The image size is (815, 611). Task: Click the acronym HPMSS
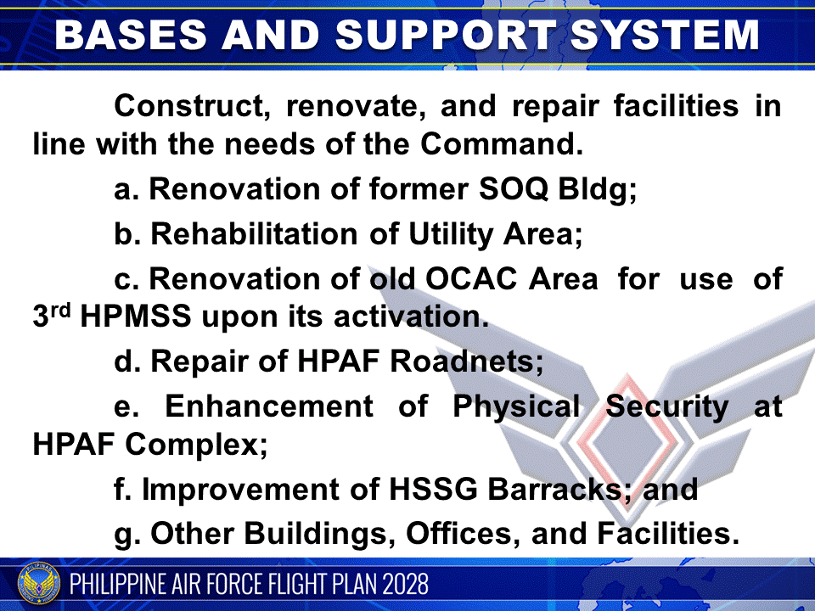pyautogui.click(x=134, y=316)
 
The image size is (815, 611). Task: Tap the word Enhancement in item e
pyautogui.click(x=268, y=406)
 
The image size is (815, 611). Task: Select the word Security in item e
pyautogui.click(x=666, y=406)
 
